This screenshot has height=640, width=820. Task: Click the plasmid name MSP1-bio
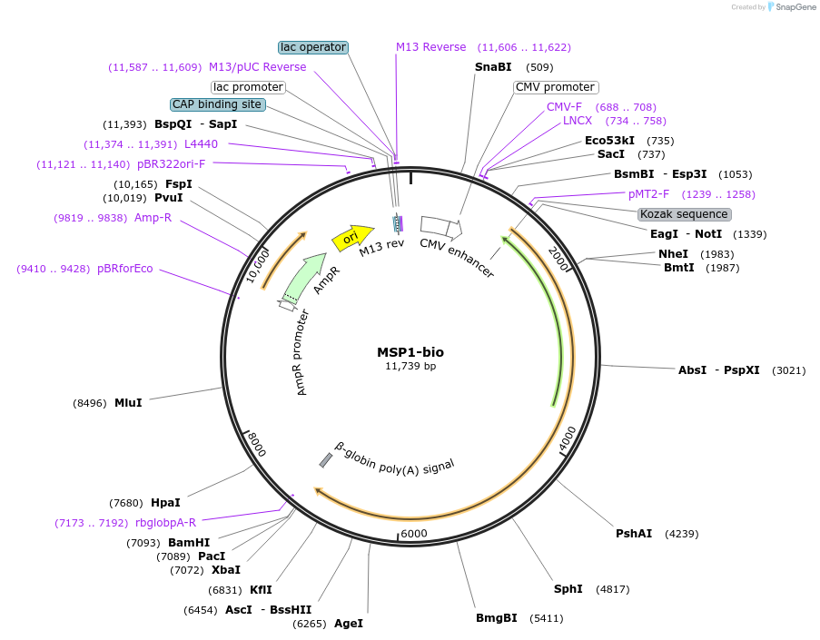410,352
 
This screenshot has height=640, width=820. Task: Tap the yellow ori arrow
352,237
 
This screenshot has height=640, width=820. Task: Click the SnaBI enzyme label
493,67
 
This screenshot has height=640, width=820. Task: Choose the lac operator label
312,47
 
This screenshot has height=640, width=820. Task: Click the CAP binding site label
218,104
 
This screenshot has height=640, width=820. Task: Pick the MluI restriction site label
128,403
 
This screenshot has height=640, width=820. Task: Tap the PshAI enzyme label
634,534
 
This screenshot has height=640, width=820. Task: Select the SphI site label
568,589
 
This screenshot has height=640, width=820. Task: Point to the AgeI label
349,624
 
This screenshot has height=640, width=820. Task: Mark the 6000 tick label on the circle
414,534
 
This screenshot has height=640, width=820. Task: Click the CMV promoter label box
555,87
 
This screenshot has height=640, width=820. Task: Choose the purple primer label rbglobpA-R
165,522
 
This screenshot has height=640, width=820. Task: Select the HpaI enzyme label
165,503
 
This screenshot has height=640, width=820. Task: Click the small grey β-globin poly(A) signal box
325,460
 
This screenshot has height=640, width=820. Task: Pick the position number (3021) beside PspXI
788,370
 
